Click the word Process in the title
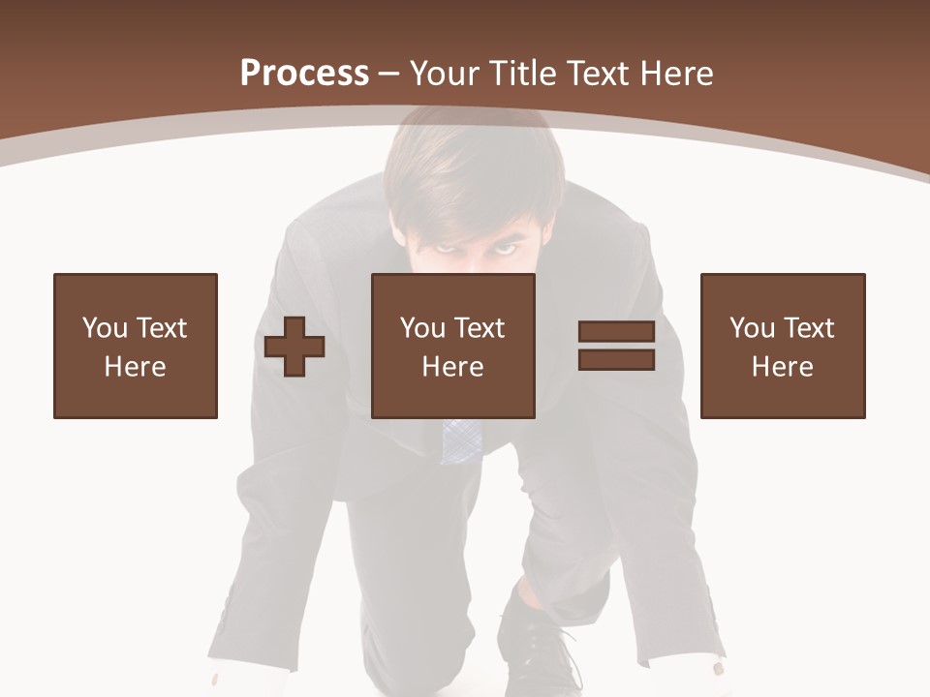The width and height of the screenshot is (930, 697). pyautogui.click(x=304, y=74)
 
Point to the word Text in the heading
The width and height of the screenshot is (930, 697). pyautogui.click(x=599, y=74)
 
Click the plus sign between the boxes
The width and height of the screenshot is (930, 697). pyautogui.click(x=294, y=347)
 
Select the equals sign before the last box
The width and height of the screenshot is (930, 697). pyautogui.click(x=616, y=346)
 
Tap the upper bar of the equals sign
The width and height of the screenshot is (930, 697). pyautogui.click(x=616, y=332)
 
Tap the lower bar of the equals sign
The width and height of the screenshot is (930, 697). pyautogui.click(x=616, y=360)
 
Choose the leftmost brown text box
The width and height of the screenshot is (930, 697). pyautogui.click(x=135, y=346)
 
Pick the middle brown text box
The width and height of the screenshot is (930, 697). pyautogui.click(x=452, y=346)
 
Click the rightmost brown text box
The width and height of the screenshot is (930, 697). pyautogui.click(x=782, y=346)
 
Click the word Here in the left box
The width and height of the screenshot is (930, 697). pyautogui.click(x=135, y=367)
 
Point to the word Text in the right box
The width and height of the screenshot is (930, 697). pyautogui.click(x=811, y=328)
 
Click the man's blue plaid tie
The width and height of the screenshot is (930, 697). pyautogui.click(x=460, y=441)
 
